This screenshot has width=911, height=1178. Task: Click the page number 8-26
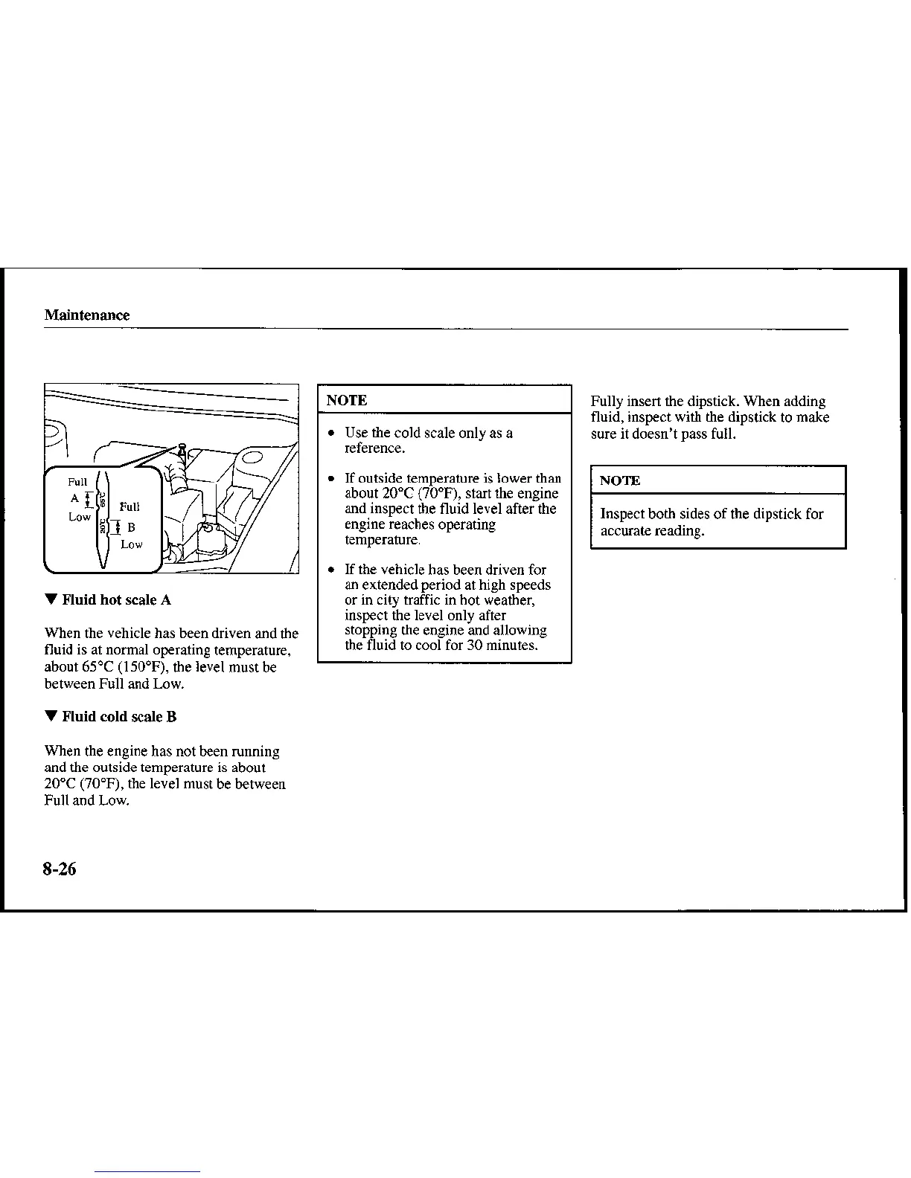(60, 869)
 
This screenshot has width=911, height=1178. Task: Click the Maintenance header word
(86, 315)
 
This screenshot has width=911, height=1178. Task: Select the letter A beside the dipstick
(74, 498)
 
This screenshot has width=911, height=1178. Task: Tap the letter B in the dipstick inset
(131, 528)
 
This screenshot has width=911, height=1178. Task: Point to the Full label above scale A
(77, 482)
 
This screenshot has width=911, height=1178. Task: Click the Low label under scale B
(131, 544)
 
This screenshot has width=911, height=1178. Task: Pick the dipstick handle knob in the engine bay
(182, 448)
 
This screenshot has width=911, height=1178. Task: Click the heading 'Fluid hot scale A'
(117, 599)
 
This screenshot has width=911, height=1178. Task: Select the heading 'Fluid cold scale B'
(119, 716)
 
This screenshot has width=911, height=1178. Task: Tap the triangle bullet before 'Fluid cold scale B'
(51, 716)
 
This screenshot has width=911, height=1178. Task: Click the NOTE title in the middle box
(347, 400)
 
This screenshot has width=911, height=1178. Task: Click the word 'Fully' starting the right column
(607, 401)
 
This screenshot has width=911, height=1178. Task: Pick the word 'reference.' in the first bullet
(374, 448)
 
